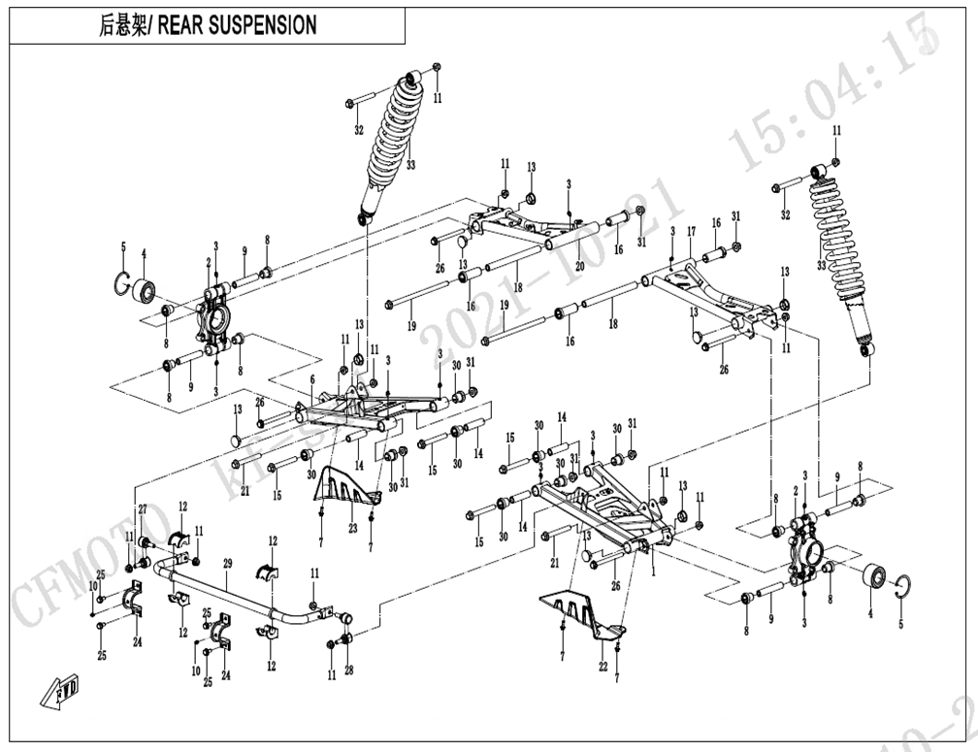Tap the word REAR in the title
[x=179, y=26]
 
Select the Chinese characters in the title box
[x=121, y=26]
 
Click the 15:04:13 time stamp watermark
[x=834, y=92]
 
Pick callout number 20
[x=579, y=266]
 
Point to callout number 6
[x=312, y=379]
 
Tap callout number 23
[x=353, y=529]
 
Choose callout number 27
[x=142, y=510]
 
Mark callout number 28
[x=349, y=671]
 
